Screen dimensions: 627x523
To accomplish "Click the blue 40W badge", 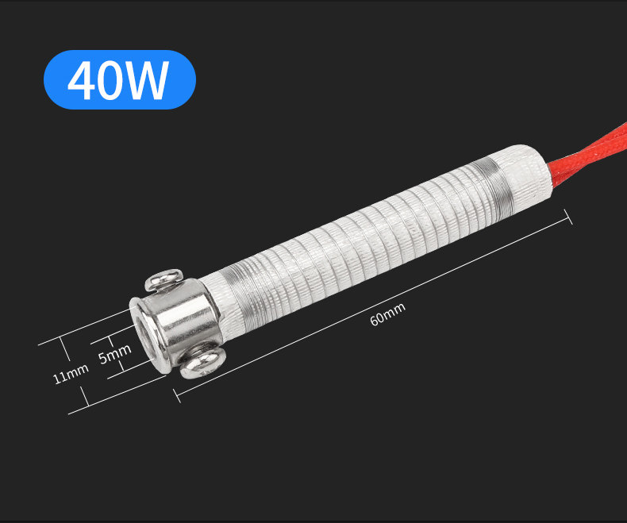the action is coord(120,79).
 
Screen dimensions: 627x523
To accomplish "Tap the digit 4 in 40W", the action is coord(81,80).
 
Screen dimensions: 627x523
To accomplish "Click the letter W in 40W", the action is coord(144,80).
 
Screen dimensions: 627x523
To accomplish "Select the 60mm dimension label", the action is coord(387,314).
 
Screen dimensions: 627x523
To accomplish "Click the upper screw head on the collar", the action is coord(163,279).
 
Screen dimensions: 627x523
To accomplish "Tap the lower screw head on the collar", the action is coord(202,363).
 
